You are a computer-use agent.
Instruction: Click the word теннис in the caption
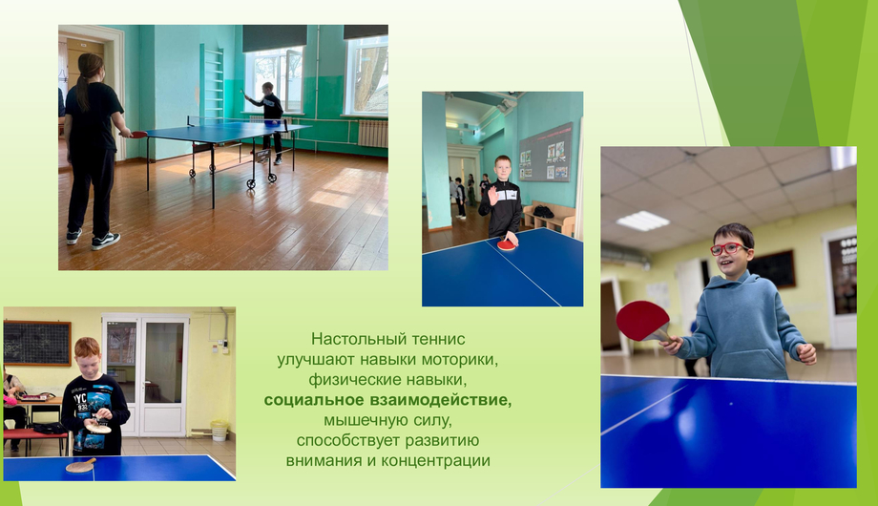(438, 339)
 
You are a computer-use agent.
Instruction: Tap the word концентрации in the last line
(435, 460)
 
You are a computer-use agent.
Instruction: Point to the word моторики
(460, 359)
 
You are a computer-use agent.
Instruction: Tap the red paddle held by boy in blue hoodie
(643, 321)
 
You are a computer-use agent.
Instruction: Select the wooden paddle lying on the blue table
(80, 465)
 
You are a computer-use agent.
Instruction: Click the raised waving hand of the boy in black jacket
(492, 196)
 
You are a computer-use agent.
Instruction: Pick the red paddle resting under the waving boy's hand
(507, 244)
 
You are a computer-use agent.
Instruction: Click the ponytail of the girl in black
(83, 90)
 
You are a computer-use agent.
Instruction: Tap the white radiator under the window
(372, 134)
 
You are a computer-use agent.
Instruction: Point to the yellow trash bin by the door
(219, 431)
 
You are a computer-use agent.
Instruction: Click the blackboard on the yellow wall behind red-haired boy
(37, 343)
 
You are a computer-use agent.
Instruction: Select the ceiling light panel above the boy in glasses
(642, 221)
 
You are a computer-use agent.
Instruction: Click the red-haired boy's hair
(88, 347)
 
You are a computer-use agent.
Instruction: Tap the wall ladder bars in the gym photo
(214, 83)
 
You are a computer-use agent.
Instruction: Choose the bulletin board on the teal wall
(546, 153)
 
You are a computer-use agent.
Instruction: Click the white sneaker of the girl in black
(105, 241)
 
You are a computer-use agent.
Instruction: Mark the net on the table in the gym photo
(237, 120)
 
